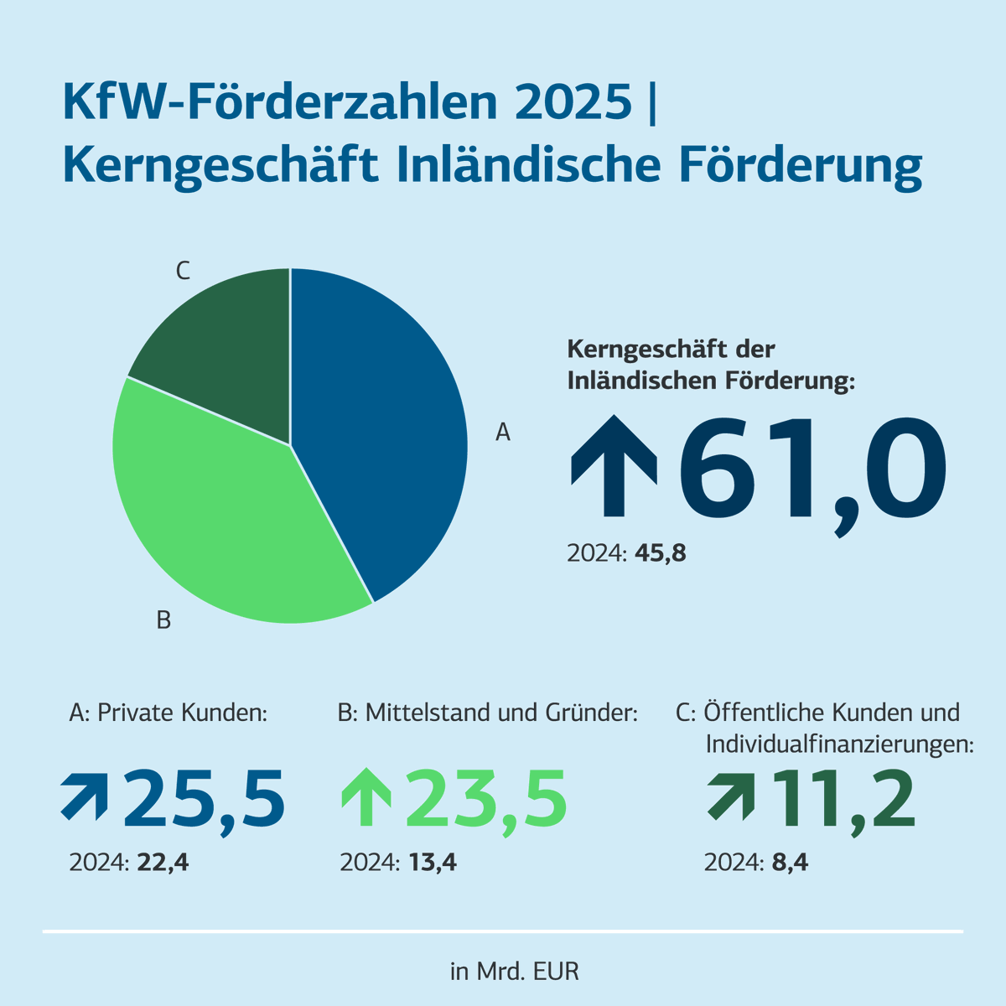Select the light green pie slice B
[x=226, y=520]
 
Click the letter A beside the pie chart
[x=502, y=433]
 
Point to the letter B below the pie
[x=163, y=621]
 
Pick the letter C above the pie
[x=183, y=272]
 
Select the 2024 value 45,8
[x=661, y=554]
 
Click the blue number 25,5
[x=205, y=800]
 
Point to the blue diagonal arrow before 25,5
[x=85, y=796]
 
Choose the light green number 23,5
[x=486, y=800]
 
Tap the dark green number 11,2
[x=843, y=800]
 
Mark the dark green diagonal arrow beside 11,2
[x=730, y=796]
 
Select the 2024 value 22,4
[x=164, y=863]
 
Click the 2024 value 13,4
[x=433, y=863]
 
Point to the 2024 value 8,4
[x=790, y=863]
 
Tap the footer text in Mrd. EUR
[x=514, y=972]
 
